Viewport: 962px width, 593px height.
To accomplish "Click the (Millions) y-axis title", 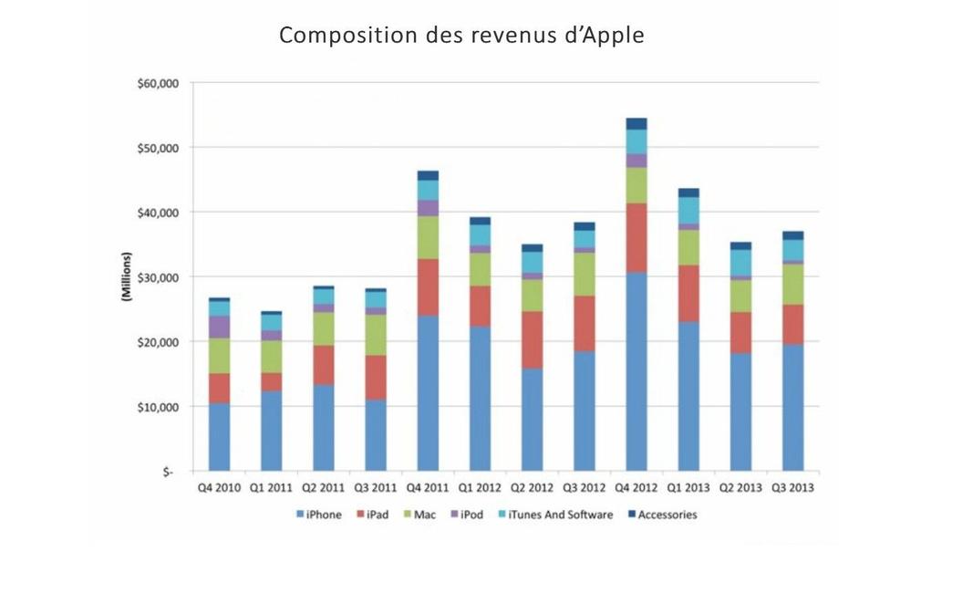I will [x=129, y=277].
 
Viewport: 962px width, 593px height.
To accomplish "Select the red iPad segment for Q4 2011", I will [x=428, y=287].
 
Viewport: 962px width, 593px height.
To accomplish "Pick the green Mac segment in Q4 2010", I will [x=219, y=356].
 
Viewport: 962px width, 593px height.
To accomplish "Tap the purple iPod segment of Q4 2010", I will [x=219, y=327].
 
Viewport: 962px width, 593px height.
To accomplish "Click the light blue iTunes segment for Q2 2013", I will [x=740, y=263].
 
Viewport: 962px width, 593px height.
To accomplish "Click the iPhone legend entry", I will [x=319, y=515].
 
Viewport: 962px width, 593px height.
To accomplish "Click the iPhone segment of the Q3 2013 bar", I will [x=792, y=408].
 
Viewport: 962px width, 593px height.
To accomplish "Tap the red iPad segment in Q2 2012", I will [x=532, y=339].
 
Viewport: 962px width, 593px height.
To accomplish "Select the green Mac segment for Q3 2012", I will [x=584, y=274].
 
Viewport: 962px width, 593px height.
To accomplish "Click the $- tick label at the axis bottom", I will [x=168, y=472].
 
